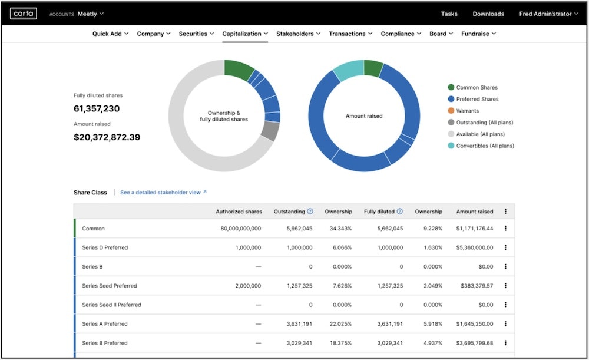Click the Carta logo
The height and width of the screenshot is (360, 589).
point(24,14)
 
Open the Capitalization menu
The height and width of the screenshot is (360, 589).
point(245,34)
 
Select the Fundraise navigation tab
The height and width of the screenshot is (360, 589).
point(478,34)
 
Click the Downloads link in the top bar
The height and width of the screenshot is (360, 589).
point(488,14)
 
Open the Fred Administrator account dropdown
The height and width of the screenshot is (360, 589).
point(548,14)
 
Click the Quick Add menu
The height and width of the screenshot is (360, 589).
point(110,34)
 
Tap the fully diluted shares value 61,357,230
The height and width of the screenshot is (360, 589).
point(97,108)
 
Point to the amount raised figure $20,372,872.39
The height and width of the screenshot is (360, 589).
point(107,137)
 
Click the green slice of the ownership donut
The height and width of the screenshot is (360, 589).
point(238,69)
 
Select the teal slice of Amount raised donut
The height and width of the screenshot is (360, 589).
point(348,70)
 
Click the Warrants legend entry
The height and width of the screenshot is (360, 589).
point(467,111)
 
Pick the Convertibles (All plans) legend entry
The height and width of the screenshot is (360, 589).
point(485,146)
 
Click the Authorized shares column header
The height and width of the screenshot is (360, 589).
point(239,212)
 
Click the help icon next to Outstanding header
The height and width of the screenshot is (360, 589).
point(310,212)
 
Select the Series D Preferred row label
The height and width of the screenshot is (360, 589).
point(105,247)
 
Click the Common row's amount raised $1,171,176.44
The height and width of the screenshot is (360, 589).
point(474,229)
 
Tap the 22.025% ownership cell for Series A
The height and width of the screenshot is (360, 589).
point(340,324)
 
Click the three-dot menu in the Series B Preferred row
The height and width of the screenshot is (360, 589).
point(505,343)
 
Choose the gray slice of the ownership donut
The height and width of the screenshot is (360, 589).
point(270,131)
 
